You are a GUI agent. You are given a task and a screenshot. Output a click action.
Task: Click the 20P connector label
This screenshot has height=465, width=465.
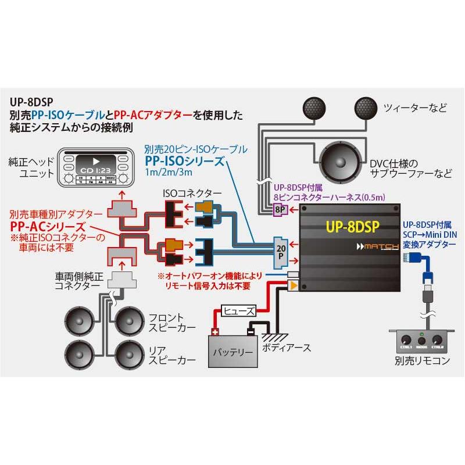coord(281,251)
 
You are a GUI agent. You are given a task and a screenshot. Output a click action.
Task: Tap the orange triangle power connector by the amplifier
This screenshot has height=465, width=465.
coord(293,285)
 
